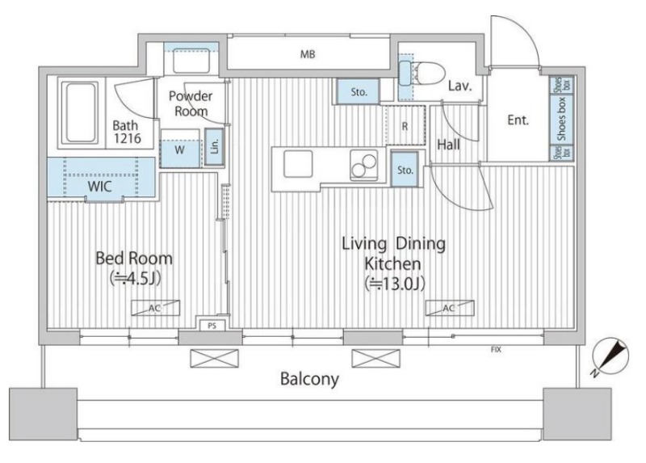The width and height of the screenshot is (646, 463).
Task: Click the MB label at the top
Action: [308, 54]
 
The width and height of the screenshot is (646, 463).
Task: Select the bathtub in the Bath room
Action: [80, 112]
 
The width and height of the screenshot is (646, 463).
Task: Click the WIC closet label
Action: [99, 187]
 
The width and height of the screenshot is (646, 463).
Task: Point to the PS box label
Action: [212, 326]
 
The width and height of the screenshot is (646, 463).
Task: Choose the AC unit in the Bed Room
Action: [155, 308]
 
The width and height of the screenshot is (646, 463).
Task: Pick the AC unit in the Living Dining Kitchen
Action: [450, 308]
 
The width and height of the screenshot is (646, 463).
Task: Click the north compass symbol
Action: [610, 356]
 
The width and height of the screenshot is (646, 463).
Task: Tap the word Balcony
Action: [309, 379]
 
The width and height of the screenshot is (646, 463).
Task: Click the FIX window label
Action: [496, 350]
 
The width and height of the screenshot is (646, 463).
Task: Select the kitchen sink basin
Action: [298, 164]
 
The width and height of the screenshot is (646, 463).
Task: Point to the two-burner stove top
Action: [363, 165]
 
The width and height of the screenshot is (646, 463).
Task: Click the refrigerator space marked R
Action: [405, 126]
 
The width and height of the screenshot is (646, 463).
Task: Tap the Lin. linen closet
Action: [214, 146]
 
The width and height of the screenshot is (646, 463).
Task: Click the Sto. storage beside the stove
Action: [405, 170]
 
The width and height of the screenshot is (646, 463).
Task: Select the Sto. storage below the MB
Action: [359, 92]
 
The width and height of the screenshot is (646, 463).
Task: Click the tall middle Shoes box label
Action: [561, 119]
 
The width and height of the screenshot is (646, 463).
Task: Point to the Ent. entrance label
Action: [518, 120]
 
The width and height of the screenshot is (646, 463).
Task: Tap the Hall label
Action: [449, 145]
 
